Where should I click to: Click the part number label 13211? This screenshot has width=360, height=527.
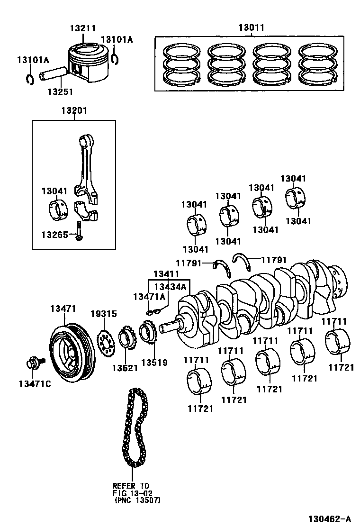[83, 28]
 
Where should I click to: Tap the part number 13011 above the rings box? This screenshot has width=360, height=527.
[251, 28]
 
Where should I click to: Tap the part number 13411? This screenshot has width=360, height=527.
[166, 274]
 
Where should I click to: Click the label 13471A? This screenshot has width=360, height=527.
[149, 297]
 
